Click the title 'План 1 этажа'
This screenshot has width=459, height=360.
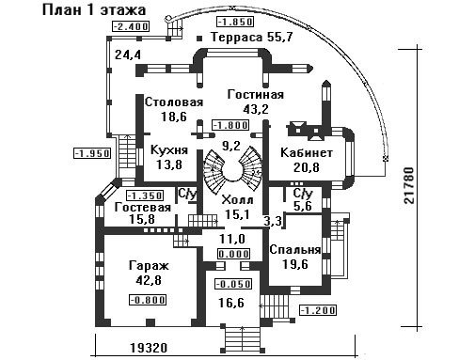tap(94, 9)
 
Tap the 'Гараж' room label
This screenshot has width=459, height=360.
tap(149, 266)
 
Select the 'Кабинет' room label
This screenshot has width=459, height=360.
tap(307, 153)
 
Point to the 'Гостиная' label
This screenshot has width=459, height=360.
tap(256, 95)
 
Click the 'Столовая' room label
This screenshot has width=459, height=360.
tap(174, 102)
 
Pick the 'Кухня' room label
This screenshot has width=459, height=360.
tap(169, 150)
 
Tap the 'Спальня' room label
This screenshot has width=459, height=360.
tap(295, 250)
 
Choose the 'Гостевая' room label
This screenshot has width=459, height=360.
tap(143, 208)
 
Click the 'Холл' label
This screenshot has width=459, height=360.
tap(237, 200)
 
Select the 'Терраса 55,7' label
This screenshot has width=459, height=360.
tap(252, 38)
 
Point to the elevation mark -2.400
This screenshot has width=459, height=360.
tap(131, 26)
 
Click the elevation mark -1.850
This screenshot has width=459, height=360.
tap(235, 22)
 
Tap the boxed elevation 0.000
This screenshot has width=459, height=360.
tap(234, 254)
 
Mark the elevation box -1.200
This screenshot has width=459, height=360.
tap(318, 310)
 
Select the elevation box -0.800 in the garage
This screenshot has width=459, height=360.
tap(148, 300)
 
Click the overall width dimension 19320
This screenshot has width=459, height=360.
tap(149, 348)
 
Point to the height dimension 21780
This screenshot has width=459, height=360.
tap(409, 186)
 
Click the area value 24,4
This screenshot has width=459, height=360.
tap(128, 55)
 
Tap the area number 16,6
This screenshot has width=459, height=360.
tap(231, 303)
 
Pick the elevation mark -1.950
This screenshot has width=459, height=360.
tap(92, 153)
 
